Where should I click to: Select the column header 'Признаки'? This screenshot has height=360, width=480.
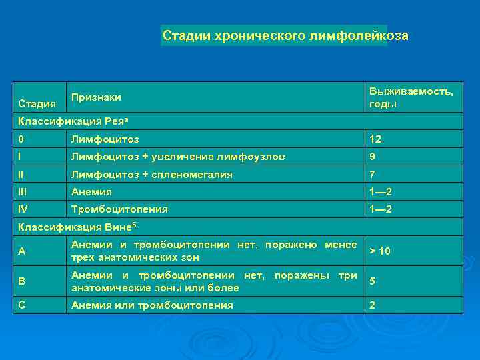point(96,97)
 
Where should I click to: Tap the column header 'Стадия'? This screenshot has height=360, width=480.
point(37,104)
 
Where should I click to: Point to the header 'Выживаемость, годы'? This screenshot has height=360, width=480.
point(411,97)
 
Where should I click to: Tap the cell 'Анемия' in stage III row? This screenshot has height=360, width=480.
point(92,192)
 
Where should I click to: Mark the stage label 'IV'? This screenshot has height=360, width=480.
point(24,209)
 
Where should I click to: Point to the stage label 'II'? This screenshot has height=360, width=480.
point(22,174)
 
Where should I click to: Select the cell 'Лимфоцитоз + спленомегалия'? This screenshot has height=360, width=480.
point(152,174)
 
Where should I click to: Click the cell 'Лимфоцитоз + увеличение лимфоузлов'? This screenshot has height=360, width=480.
point(178,157)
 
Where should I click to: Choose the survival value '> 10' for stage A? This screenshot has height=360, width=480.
point(380,251)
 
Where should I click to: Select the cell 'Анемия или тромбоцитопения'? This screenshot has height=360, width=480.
point(152,305)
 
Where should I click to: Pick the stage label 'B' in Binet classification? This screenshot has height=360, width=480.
point(22,282)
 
